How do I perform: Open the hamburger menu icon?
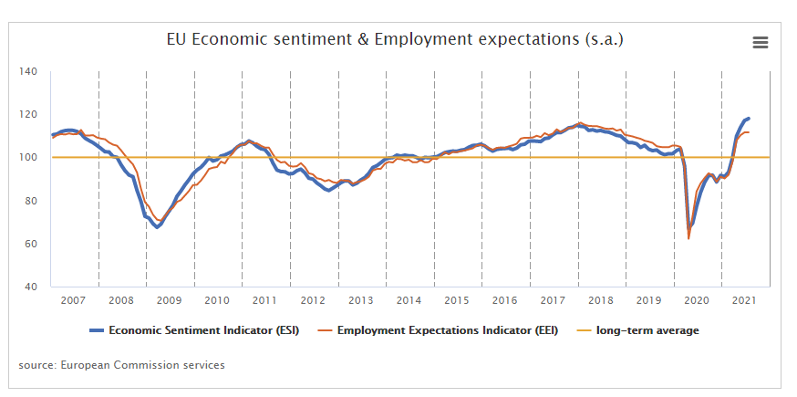click(761, 43)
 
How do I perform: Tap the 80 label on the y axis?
click(30, 201)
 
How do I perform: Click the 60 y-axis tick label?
click(30, 244)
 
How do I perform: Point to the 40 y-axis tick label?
click(30, 287)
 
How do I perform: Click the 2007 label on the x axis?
click(74, 300)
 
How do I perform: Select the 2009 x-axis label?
click(170, 300)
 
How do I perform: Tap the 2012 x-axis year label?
click(313, 300)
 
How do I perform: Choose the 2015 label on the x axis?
click(457, 300)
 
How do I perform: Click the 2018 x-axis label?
click(600, 300)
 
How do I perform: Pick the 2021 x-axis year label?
click(744, 300)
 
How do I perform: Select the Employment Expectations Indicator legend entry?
click(438, 330)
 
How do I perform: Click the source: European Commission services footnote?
click(121, 365)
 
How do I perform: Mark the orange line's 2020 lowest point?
click(688, 238)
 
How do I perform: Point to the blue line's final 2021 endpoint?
click(749, 119)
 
